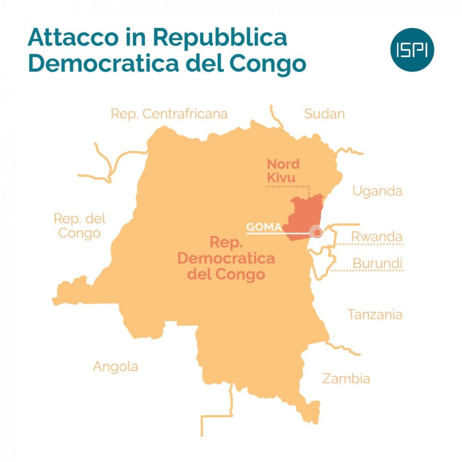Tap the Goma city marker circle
point(316,232)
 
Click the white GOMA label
point(264,227)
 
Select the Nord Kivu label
point(283,170)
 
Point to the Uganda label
point(377,191)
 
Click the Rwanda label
point(377,236)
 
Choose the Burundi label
point(377,263)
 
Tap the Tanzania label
point(375,315)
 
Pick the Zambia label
point(346,379)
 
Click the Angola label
point(115,367)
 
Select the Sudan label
point(324,114)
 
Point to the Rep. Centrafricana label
point(169,114)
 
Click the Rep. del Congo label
point(79,225)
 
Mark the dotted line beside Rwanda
point(370,244)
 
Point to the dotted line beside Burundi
point(370,271)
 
